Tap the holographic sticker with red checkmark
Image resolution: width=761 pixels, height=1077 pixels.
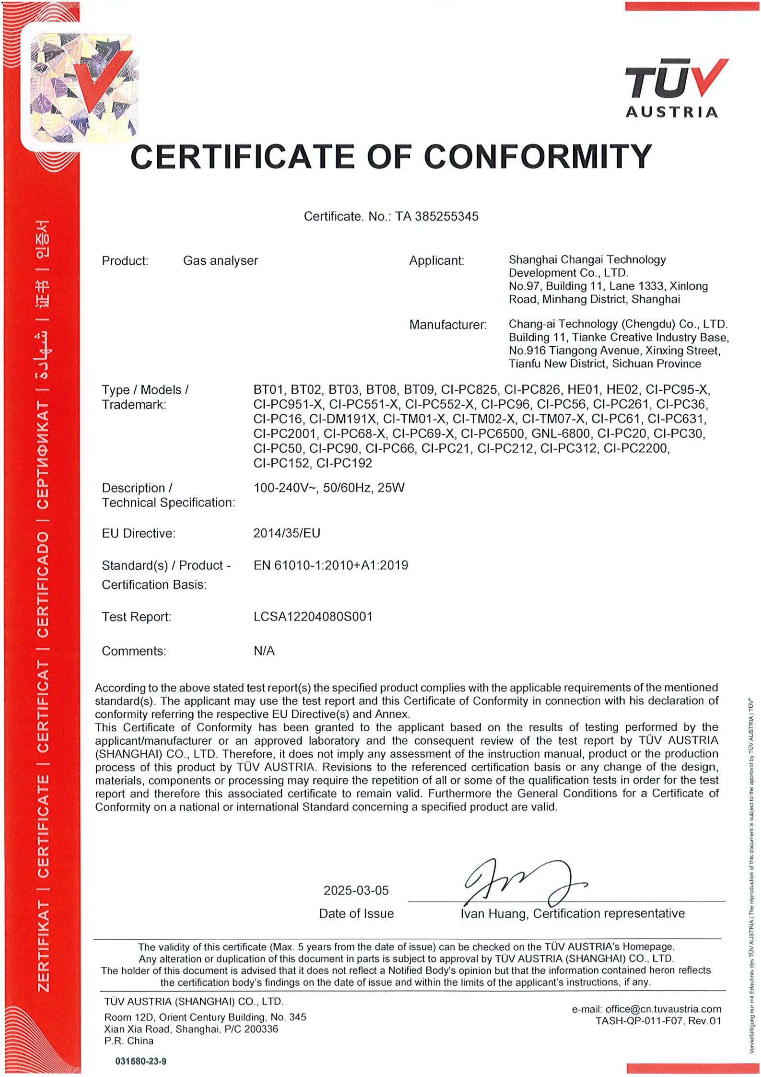point(84,88)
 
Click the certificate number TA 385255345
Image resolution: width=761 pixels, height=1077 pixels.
point(437,216)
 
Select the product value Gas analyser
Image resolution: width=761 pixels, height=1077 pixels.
point(221,261)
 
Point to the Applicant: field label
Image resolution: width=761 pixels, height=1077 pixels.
point(437,261)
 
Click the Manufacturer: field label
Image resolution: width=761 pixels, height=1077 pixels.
point(448,325)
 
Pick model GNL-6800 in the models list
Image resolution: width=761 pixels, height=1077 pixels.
point(561,434)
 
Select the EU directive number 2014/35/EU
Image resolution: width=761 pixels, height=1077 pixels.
point(287,533)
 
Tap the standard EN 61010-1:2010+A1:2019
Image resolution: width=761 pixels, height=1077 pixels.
point(331,565)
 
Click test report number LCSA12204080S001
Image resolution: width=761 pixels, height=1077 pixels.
point(313,617)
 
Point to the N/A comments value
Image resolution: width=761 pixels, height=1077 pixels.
point(264,651)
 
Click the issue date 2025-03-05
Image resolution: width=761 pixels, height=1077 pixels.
point(356,890)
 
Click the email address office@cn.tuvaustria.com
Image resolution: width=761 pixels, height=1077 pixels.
point(663,1009)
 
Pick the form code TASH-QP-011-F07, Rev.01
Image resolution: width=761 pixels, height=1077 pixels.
point(658,1021)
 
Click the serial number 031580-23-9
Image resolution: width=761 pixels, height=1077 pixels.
point(140,1061)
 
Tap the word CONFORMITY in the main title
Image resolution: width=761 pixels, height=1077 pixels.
point(538,157)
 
